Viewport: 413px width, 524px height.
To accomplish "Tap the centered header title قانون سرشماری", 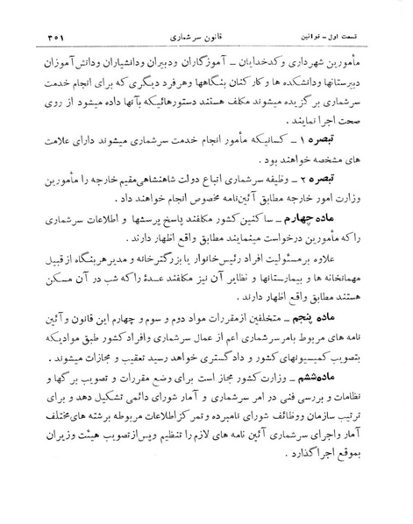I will [x=207, y=17].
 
